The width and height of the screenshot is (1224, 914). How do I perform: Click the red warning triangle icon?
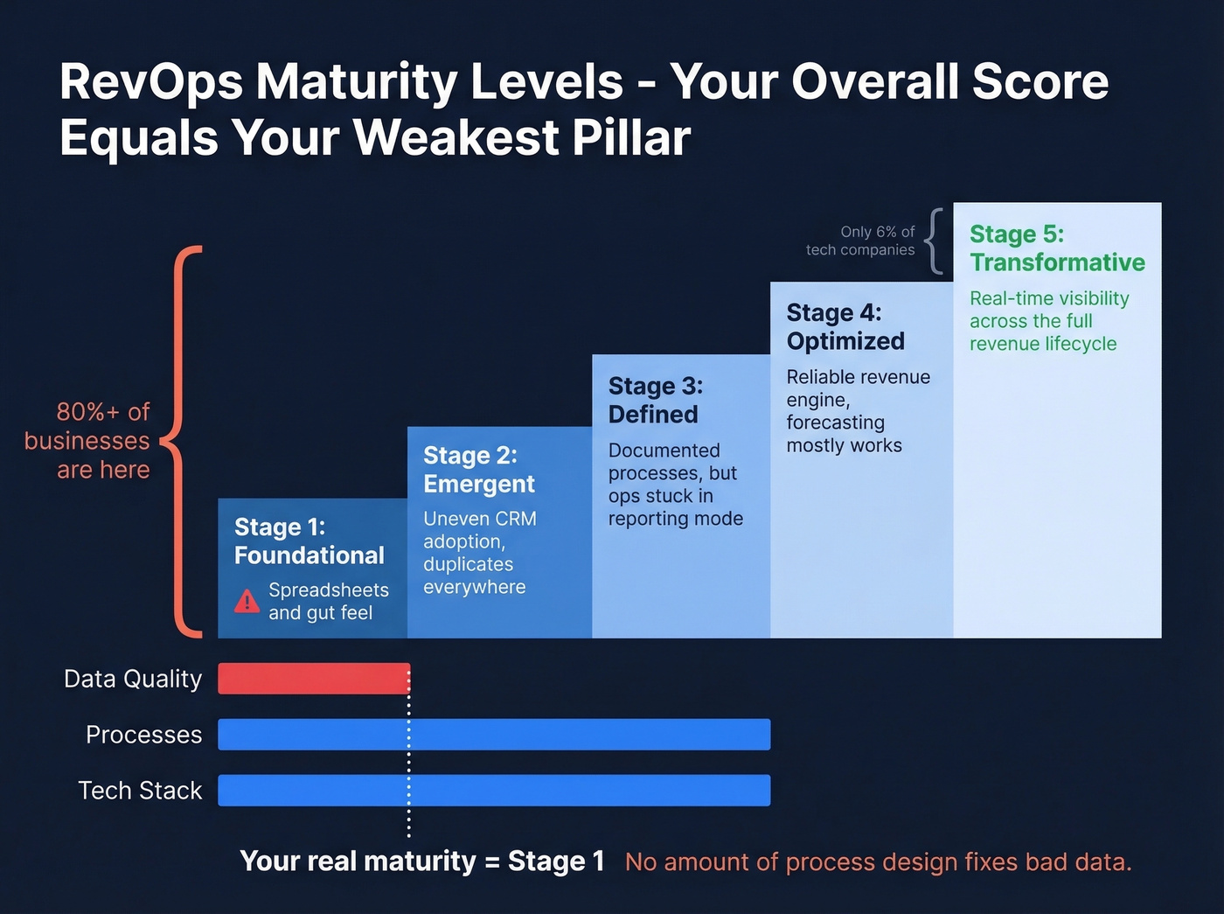(247, 602)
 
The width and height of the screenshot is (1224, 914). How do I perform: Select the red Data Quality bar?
(313, 679)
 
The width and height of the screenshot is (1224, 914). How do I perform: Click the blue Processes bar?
(494, 735)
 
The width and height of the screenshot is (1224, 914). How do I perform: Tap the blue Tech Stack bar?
(494, 791)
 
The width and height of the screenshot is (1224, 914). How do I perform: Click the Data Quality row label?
(133, 679)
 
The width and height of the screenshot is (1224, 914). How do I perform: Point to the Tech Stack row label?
(140, 791)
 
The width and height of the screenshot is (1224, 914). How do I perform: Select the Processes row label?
(143, 735)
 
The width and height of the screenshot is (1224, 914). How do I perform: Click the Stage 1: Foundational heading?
(309, 541)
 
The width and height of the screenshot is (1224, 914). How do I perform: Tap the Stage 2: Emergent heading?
(478, 470)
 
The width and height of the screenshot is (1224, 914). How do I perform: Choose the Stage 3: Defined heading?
(655, 400)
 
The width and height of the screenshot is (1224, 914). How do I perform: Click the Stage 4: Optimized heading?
(845, 326)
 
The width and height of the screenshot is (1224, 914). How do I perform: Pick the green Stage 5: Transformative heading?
(1056, 248)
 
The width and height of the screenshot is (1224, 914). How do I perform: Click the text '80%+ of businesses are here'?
(91, 441)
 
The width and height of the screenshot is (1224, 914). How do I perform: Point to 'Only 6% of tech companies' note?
(860, 241)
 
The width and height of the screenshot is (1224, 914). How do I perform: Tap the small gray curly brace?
(935, 241)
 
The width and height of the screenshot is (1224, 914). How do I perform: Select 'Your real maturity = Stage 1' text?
(421, 862)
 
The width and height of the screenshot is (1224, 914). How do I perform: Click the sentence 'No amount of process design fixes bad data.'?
(878, 862)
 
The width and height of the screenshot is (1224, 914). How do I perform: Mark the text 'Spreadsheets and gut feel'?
(328, 602)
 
